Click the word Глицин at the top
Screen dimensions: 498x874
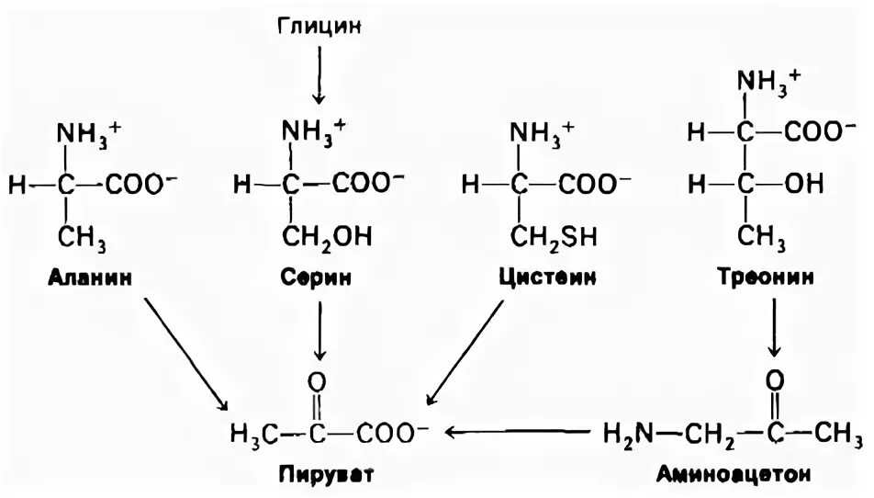click(320, 25)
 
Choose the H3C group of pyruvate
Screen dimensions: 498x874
click(252, 431)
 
